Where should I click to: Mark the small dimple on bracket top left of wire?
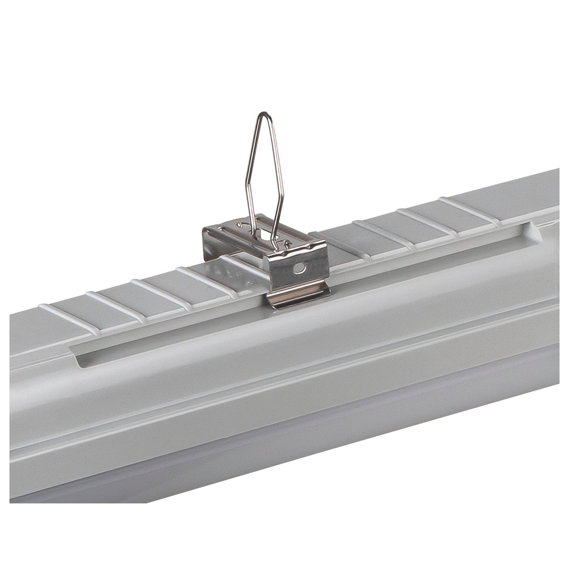[x=239, y=224]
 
